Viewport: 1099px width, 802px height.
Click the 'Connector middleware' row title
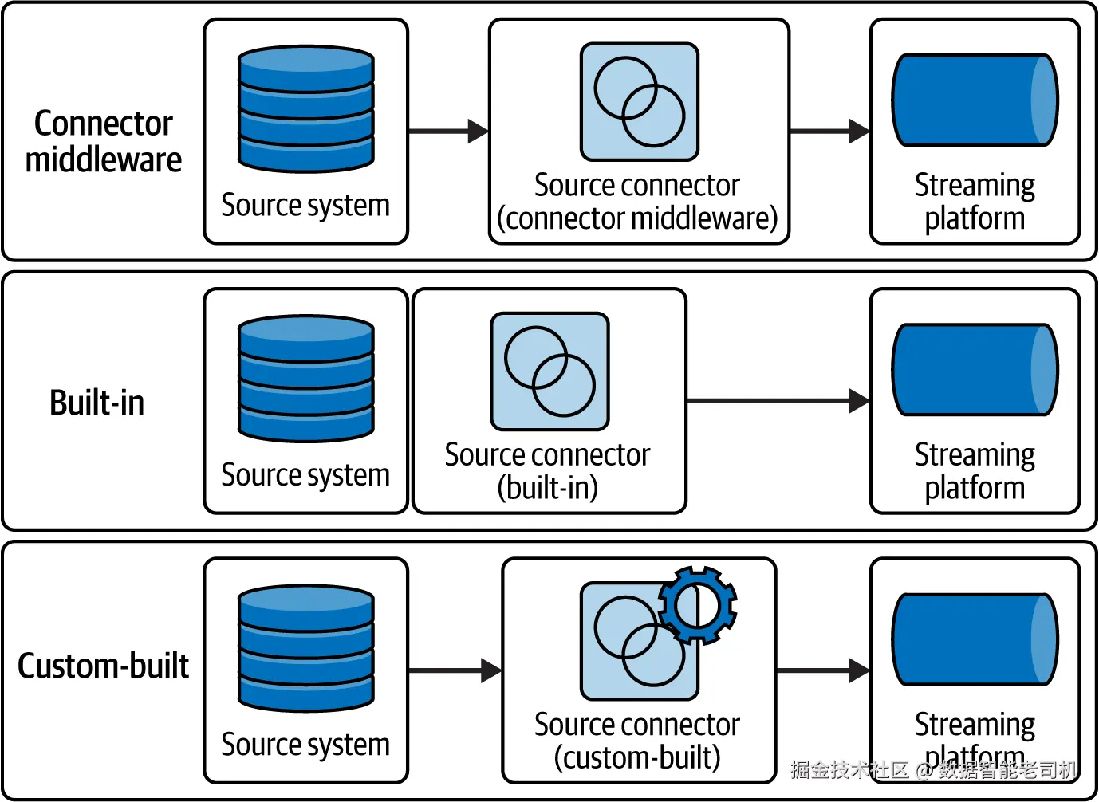[104, 141]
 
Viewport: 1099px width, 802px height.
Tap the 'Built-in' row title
[97, 403]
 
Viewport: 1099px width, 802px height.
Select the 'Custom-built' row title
[104, 666]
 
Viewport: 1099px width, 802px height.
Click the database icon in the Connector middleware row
[306, 109]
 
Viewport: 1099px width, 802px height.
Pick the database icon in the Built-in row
[306, 379]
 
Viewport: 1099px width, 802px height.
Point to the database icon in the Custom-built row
[306, 648]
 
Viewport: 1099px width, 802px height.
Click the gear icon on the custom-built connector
[698, 605]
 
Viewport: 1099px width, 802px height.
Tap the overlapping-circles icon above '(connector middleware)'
[640, 102]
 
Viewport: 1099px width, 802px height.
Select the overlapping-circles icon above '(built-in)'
[550, 372]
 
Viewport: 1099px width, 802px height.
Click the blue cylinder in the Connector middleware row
[975, 100]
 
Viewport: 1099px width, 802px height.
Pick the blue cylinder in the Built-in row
[975, 370]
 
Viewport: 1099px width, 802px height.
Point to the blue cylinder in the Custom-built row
[975, 639]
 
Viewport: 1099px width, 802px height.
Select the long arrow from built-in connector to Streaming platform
[778, 401]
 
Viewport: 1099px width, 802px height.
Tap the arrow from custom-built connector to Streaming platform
[822, 670]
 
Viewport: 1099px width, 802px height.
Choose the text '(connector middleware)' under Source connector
[637, 218]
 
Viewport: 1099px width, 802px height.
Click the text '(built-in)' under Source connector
[548, 488]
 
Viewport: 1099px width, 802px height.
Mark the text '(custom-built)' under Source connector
[637, 757]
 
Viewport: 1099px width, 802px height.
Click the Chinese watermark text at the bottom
[933, 769]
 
